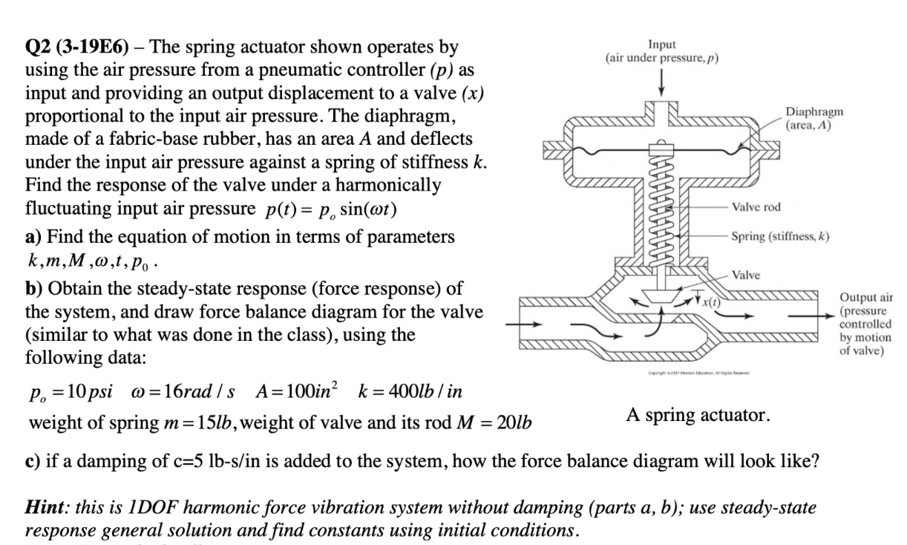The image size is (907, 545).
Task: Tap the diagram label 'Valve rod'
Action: click(756, 207)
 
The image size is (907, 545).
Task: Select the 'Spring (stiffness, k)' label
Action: click(779, 237)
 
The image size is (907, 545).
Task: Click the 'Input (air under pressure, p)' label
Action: click(662, 50)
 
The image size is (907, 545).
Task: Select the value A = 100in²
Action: click(298, 393)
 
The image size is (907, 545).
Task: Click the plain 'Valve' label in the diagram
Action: click(745, 275)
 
